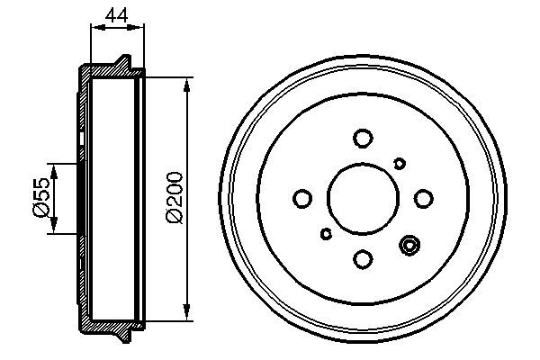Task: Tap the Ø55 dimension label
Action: click(x=40, y=198)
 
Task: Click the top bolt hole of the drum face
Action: click(x=363, y=138)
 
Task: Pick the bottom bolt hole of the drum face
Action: click(x=363, y=259)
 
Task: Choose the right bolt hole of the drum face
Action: click(x=423, y=198)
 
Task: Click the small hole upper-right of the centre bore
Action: click(x=400, y=162)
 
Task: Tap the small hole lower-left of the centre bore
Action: click(x=326, y=235)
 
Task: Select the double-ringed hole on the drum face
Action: click(x=410, y=245)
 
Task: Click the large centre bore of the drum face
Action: click(x=363, y=199)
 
